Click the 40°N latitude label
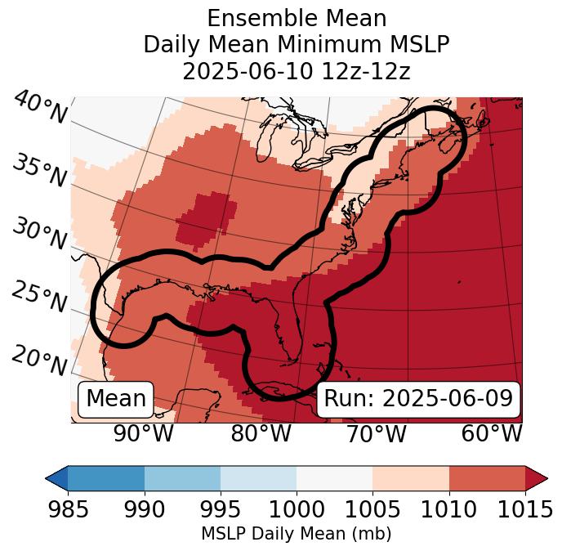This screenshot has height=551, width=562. coord(40,108)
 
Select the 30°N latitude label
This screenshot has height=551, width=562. coord(40,235)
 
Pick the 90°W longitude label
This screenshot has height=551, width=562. coord(144,433)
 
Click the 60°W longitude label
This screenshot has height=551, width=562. coord(492,433)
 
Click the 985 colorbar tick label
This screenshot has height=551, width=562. coord(69,509)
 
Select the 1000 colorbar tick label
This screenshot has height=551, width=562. coord(297,509)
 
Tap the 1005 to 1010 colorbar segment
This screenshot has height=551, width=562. coord(410,478)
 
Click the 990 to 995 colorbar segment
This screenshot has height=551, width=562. coord(182,478)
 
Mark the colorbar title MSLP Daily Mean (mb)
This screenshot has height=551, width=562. coord(296,534)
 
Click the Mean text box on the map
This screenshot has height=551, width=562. coord(116,399)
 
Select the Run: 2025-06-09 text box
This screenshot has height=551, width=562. coord(418,399)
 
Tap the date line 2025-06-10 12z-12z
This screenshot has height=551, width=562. coord(297,71)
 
